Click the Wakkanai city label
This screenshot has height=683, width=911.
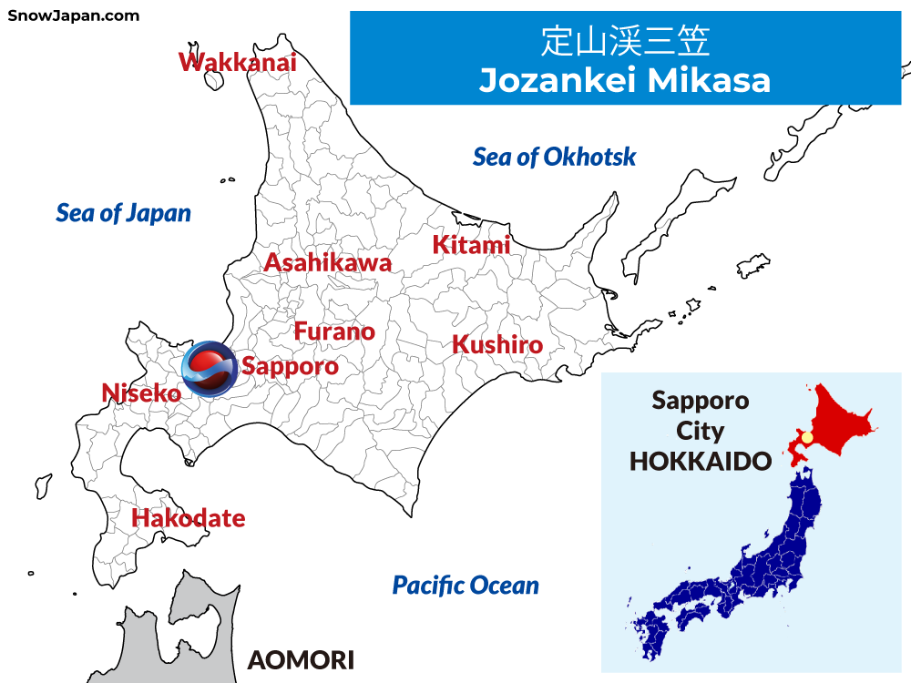(238, 62)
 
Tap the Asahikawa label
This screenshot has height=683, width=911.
(328, 263)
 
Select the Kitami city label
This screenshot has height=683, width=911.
(471, 245)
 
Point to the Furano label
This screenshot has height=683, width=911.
(334, 331)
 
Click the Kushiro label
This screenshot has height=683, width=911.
(497, 345)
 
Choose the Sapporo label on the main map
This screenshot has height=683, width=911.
(290, 367)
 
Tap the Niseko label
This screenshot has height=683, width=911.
(141, 393)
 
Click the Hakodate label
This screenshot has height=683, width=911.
(189, 518)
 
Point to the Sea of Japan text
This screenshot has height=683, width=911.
(124, 213)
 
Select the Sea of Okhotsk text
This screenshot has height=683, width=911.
(554, 157)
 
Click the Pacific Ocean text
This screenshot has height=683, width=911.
(466, 585)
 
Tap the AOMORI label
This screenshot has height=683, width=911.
(301, 659)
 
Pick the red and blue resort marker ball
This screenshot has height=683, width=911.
(209, 371)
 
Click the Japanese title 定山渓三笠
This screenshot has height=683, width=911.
(625, 42)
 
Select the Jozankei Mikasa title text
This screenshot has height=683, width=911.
(625, 80)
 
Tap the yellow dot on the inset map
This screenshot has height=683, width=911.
(806, 438)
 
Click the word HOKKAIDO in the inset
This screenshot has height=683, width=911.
(701, 461)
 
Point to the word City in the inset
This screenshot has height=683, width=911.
(701, 431)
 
